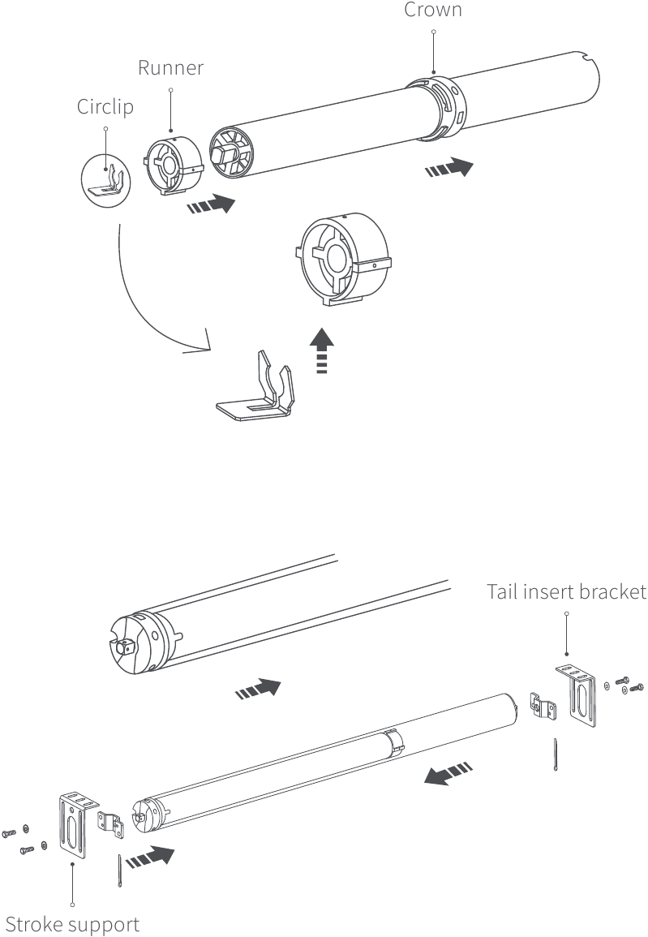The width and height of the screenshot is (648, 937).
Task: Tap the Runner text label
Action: click(x=170, y=67)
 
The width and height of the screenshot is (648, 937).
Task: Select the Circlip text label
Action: click(x=105, y=107)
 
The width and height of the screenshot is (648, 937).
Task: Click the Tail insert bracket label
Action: click(x=566, y=591)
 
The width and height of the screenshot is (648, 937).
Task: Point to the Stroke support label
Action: click(x=72, y=924)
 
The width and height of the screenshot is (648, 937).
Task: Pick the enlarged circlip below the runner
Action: click(x=258, y=389)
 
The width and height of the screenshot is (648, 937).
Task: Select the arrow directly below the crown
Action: click(x=448, y=168)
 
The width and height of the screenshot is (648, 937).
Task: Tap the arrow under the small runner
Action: click(x=211, y=204)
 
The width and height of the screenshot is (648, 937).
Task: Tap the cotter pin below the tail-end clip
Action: click(x=555, y=755)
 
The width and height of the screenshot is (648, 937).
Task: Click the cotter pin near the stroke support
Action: click(x=119, y=872)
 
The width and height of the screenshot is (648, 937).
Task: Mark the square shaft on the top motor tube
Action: click(x=125, y=647)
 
